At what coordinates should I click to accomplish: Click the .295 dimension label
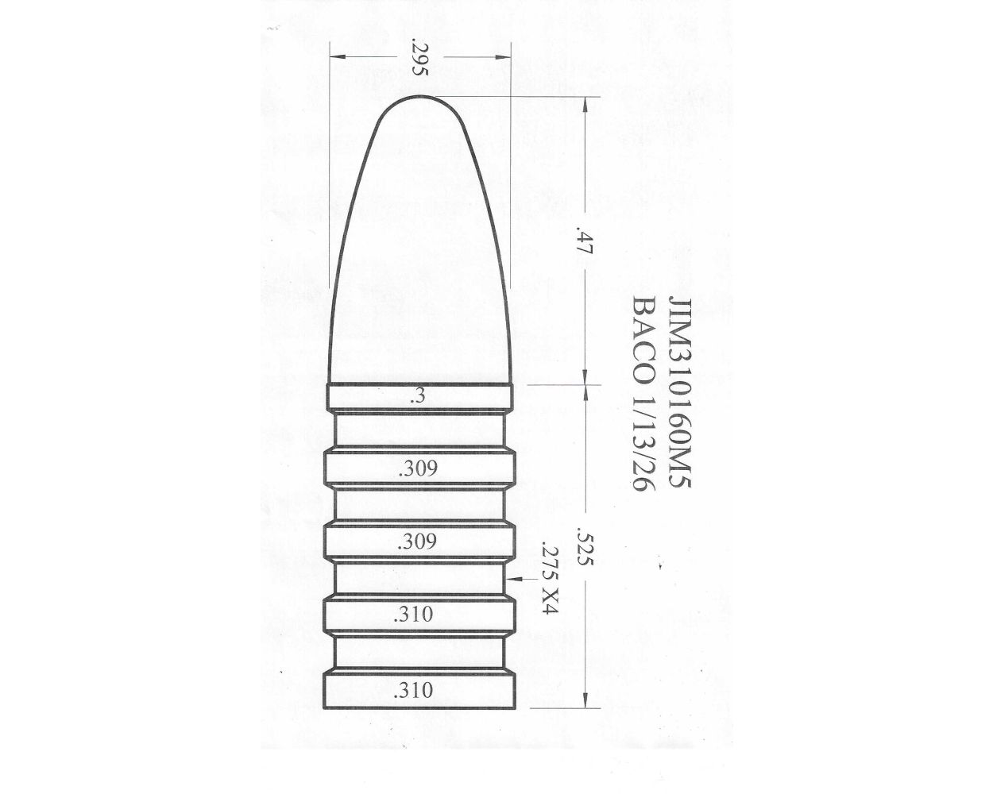(x=420, y=57)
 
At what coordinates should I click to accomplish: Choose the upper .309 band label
(x=418, y=468)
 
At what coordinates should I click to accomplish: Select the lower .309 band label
(x=418, y=542)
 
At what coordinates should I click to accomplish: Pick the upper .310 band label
(x=415, y=614)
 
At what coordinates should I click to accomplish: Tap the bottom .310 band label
(x=415, y=690)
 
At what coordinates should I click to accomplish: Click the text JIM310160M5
(x=682, y=397)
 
